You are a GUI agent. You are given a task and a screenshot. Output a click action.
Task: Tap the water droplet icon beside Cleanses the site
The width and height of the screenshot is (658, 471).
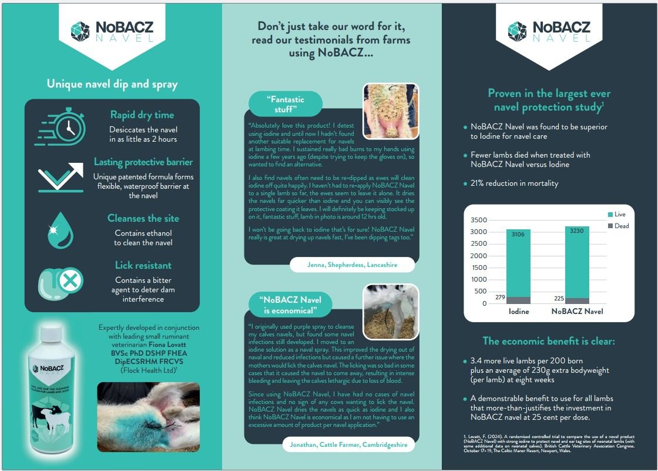tap(59, 230)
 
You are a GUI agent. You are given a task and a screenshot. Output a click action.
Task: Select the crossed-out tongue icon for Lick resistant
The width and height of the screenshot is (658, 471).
tap(59, 282)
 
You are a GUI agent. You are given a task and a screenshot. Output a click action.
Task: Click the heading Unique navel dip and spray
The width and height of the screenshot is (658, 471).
tap(112, 84)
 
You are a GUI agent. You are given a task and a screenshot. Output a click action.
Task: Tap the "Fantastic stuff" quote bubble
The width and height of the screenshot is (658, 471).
tap(286, 103)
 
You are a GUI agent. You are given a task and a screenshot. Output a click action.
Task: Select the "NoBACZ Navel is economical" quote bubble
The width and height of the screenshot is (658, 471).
tap(290, 304)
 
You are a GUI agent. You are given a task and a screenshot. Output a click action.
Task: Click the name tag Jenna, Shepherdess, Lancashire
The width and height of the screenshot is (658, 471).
tap(352, 265)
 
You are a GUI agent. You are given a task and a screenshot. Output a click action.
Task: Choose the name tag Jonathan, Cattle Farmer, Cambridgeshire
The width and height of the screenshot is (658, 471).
tap(348, 445)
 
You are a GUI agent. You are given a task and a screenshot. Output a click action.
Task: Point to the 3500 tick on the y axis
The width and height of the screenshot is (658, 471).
tap(479, 220)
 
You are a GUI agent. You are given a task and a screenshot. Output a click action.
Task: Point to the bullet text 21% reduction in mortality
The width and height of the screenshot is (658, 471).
tap(514, 183)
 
